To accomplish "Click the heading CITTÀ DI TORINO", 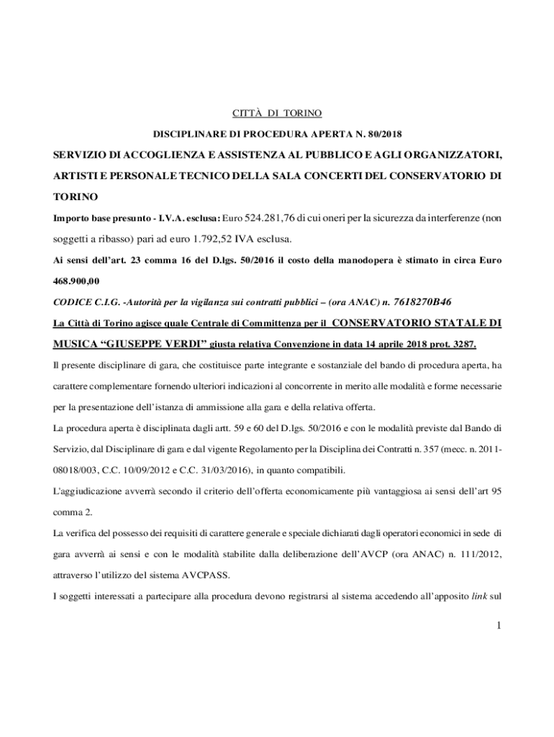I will [x=276, y=113].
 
